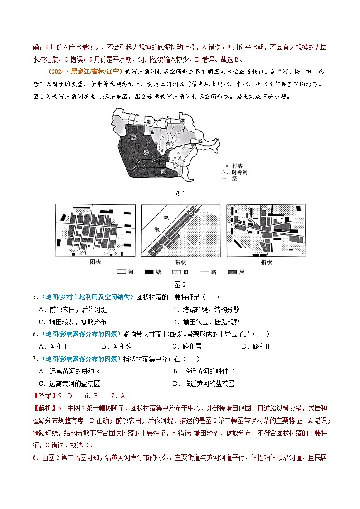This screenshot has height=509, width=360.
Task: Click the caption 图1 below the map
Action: pos(180,194)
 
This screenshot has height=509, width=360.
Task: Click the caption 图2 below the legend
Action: pos(180,285)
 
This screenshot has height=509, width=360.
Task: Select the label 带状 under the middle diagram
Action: pos(180,262)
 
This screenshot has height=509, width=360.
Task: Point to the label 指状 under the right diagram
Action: pos(266,262)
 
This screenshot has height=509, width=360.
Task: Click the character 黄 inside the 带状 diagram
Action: pos(157,230)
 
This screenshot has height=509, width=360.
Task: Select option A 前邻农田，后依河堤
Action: pos(73,310)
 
